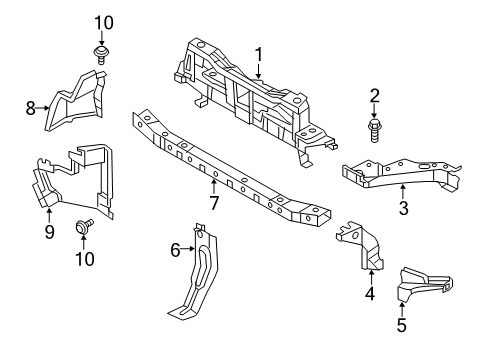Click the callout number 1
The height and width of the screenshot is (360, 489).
pyautogui.click(x=258, y=54)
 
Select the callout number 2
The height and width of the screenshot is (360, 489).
pyautogui.click(x=375, y=96)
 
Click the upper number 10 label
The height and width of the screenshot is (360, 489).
pyautogui.click(x=104, y=22)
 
